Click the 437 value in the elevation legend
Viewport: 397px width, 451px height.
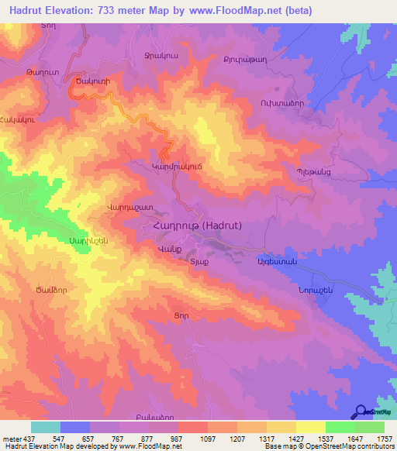[x=20, y=439]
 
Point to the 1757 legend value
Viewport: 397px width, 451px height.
[x=383, y=439]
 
